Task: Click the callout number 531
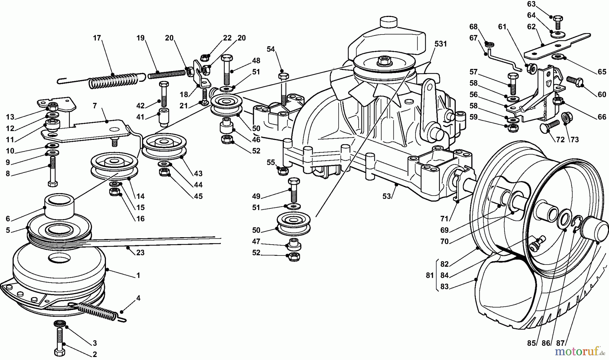[x=441, y=44]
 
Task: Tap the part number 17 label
[x=97, y=38]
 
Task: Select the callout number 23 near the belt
[x=140, y=252]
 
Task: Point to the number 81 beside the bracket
[x=430, y=275]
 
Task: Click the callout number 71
[x=454, y=219]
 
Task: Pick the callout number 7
[x=95, y=106]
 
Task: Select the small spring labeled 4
[x=98, y=311]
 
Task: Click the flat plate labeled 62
[x=555, y=45]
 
